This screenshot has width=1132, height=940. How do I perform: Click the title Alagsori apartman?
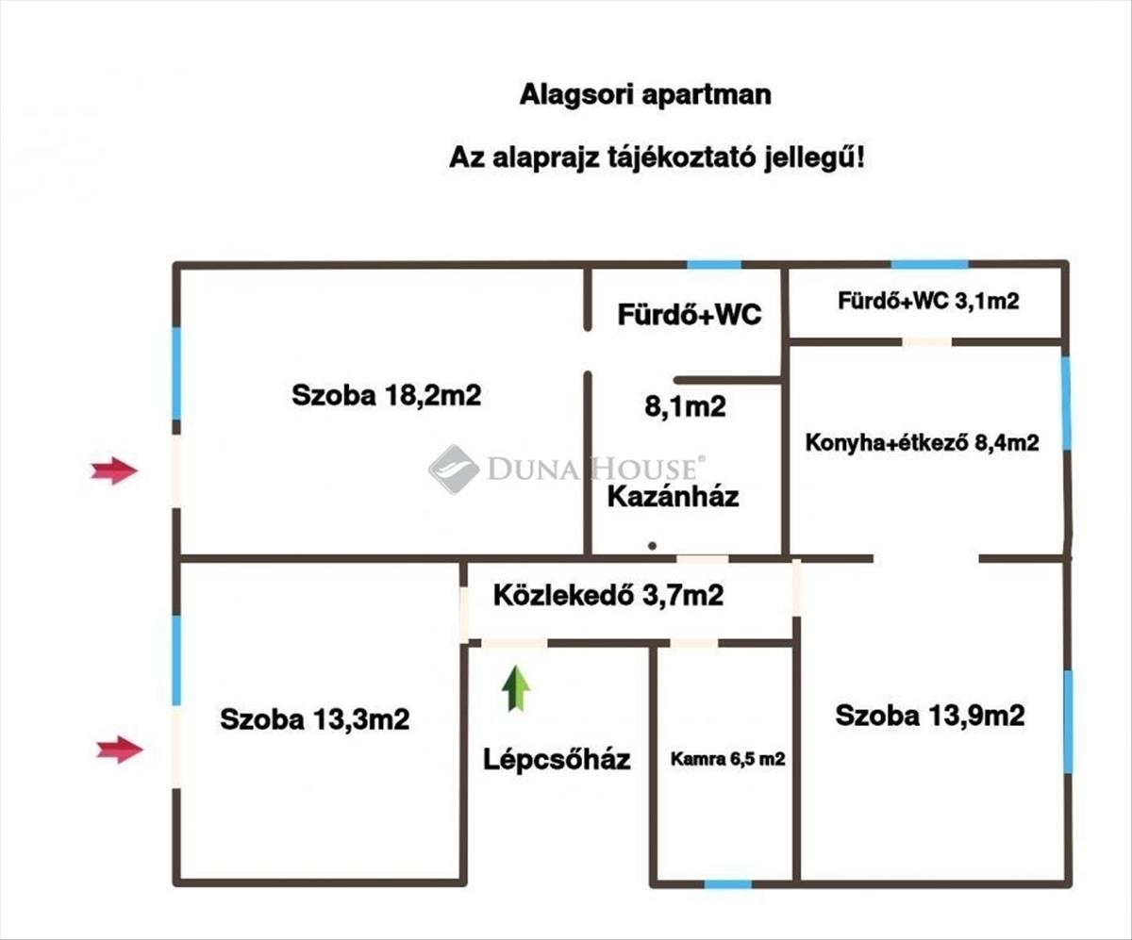click(x=645, y=95)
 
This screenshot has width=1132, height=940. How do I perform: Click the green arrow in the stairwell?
click(x=515, y=688)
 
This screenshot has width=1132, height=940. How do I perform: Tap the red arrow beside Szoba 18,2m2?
click(x=114, y=470)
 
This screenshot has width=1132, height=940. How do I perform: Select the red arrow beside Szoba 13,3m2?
click(x=120, y=750)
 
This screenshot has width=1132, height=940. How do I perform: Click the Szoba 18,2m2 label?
click(x=386, y=395)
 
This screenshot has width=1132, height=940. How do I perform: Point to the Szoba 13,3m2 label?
click(x=314, y=719)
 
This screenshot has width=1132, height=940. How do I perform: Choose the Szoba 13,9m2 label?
click(x=929, y=716)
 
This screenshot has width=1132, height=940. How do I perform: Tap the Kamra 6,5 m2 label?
click(x=727, y=759)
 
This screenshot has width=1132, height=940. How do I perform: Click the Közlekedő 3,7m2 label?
click(x=608, y=595)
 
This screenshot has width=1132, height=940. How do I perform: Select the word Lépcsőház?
click(x=557, y=759)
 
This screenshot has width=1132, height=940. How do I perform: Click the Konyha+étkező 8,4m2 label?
click(x=922, y=442)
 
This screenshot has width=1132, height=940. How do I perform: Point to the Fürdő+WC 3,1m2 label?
click(x=927, y=302)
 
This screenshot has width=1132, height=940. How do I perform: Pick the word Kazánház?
click(x=672, y=496)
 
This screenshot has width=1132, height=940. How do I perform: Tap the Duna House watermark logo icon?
click(x=454, y=469)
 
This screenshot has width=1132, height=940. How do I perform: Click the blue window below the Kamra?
click(x=727, y=883)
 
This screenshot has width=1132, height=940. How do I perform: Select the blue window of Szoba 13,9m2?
click(x=1068, y=721)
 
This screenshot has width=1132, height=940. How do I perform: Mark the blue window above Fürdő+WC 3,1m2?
click(x=929, y=265)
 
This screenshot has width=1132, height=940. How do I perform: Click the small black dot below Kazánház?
click(x=652, y=546)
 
